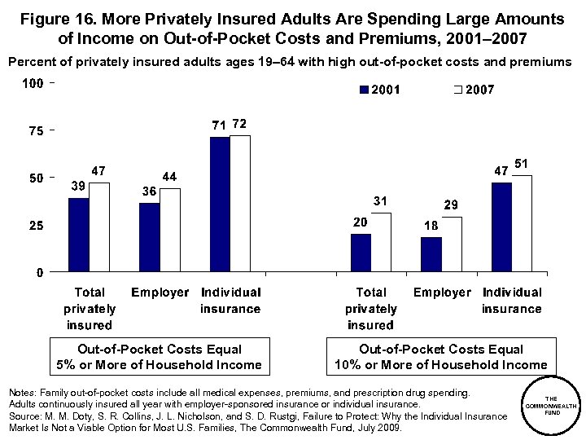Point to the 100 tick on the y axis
tap(33, 84)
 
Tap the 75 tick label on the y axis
tap(37, 130)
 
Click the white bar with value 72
tap(240, 203)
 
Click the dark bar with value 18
tap(431, 254)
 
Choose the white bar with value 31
tap(381, 242)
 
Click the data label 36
tap(149, 191)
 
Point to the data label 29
tap(450, 205)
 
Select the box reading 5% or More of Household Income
tap(160, 357)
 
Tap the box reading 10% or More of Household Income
tap(440, 357)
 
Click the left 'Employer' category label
tap(160, 293)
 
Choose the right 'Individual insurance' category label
tap(511, 301)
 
